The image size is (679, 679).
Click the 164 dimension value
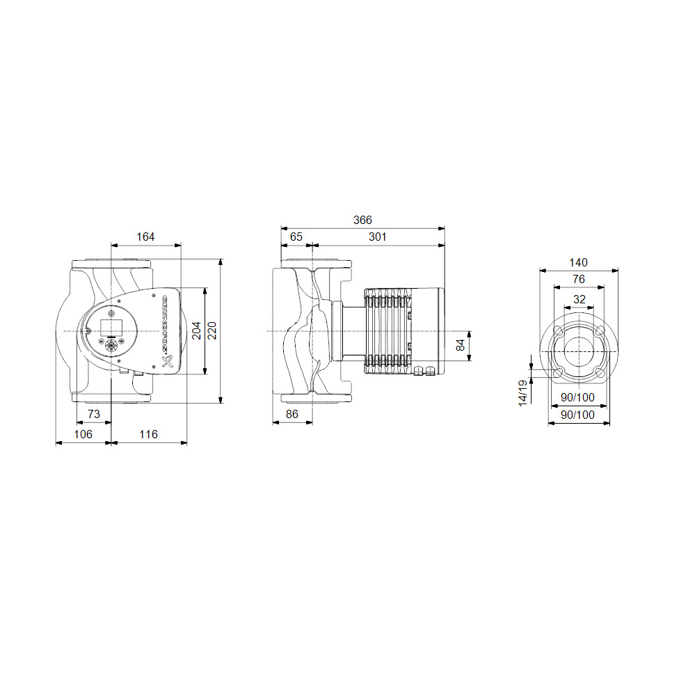point(145,237)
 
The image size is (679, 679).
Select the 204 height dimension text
point(196,330)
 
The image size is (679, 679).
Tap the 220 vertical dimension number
point(211,330)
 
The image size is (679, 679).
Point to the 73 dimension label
point(93,414)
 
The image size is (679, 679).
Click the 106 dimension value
point(83,434)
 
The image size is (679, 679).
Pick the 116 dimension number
point(148,434)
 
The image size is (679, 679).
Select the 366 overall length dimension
point(362,220)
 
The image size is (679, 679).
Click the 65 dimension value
point(296,237)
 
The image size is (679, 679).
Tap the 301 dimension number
point(377,237)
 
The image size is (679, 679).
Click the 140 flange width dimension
point(578,263)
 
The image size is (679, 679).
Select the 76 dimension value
point(578,279)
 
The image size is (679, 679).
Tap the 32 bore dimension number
point(579,299)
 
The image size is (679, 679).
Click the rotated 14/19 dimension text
point(522,394)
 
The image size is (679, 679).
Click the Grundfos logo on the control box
point(168,330)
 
